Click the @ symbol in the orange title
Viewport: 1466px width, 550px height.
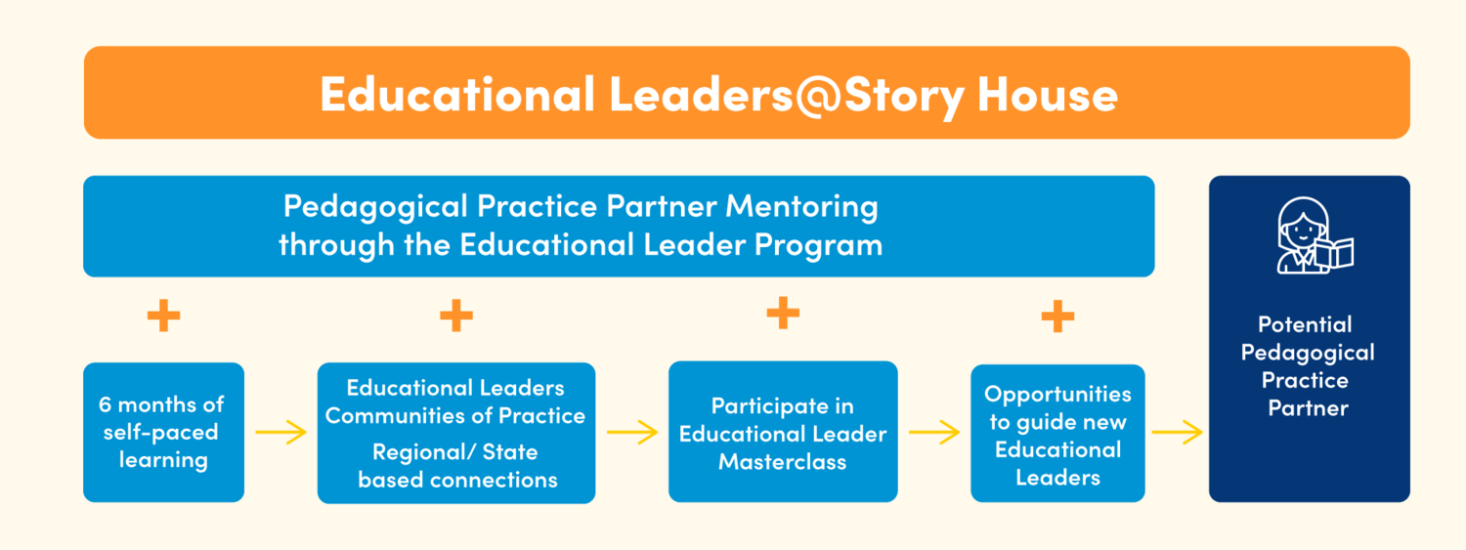click(817, 96)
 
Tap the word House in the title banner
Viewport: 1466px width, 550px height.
click(1047, 94)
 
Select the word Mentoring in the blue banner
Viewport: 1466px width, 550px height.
click(801, 208)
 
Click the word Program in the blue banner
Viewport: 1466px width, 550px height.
click(818, 246)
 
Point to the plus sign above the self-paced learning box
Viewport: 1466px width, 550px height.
click(163, 316)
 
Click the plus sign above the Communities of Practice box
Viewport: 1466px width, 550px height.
click(456, 316)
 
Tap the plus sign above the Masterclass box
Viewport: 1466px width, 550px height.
click(783, 313)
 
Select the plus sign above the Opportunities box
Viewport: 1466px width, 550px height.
click(1057, 317)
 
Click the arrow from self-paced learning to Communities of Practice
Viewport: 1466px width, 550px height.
click(280, 433)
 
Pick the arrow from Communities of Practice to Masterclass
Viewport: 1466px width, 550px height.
click(632, 433)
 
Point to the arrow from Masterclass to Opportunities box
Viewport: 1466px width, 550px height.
click(934, 433)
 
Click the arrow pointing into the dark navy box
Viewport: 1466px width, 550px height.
click(1178, 433)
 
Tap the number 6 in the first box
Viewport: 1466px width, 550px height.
click(105, 404)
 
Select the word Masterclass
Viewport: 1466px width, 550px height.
click(783, 462)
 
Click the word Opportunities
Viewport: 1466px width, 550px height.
click(1057, 395)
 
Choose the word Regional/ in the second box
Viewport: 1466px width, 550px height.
click(422, 452)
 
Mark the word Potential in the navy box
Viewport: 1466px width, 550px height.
click(1305, 325)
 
